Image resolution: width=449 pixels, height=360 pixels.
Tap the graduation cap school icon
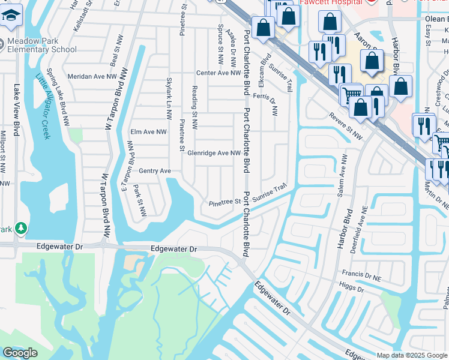point(11,17)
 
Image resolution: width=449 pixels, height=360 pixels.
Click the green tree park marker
point(22,229)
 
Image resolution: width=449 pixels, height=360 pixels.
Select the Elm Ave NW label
point(148,132)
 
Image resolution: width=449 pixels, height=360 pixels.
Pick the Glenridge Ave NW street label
point(214,153)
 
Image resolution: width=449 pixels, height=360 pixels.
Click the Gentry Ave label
point(155,171)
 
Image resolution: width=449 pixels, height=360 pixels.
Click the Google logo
point(20,353)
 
